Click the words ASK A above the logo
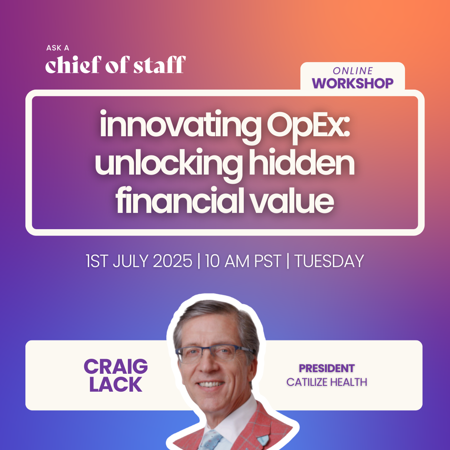[x=57, y=48]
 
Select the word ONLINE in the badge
[x=353, y=70]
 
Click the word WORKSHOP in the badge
[x=353, y=83]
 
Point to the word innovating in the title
[x=178, y=126]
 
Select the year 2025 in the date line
[x=172, y=261]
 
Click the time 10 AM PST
[x=243, y=261]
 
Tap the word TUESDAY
[x=329, y=261]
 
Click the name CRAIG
[x=116, y=367]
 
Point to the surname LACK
[x=116, y=385]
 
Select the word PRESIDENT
[x=327, y=368]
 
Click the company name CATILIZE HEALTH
[x=327, y=382]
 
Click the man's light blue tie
[x=211, y=440]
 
